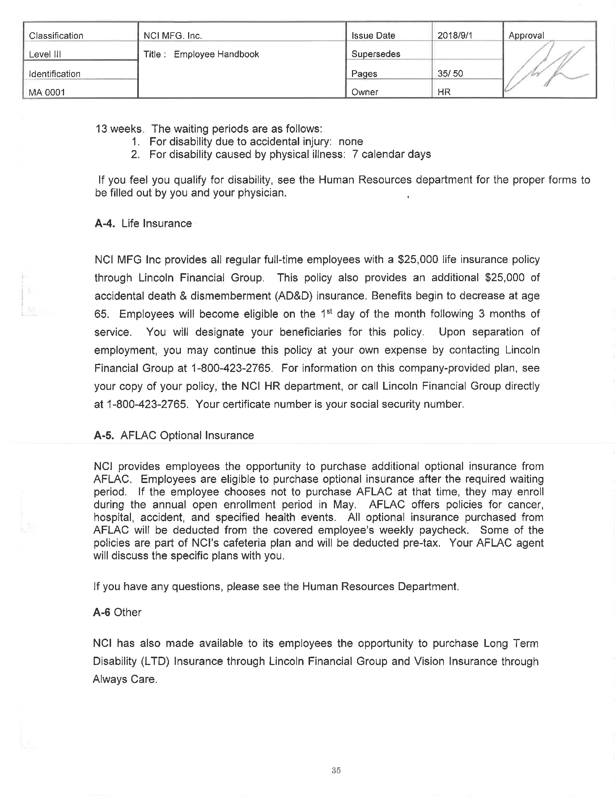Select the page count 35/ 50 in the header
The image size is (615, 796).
pos(450,73)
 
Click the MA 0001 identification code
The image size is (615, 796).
pos(47,92)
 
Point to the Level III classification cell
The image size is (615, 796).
pos(45,54)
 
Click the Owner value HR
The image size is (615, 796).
pos(444,92)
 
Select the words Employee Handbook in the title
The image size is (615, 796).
pos(216,54)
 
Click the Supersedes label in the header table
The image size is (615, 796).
pos(376,54)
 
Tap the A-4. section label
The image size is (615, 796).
pos(105,223)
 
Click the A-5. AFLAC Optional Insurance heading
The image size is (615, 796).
pos(174,436)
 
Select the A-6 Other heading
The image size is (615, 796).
pos(117,612)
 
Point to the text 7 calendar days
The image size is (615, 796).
pos(392,154)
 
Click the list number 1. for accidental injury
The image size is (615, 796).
pos(135,142)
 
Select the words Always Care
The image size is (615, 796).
pos(124,680)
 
